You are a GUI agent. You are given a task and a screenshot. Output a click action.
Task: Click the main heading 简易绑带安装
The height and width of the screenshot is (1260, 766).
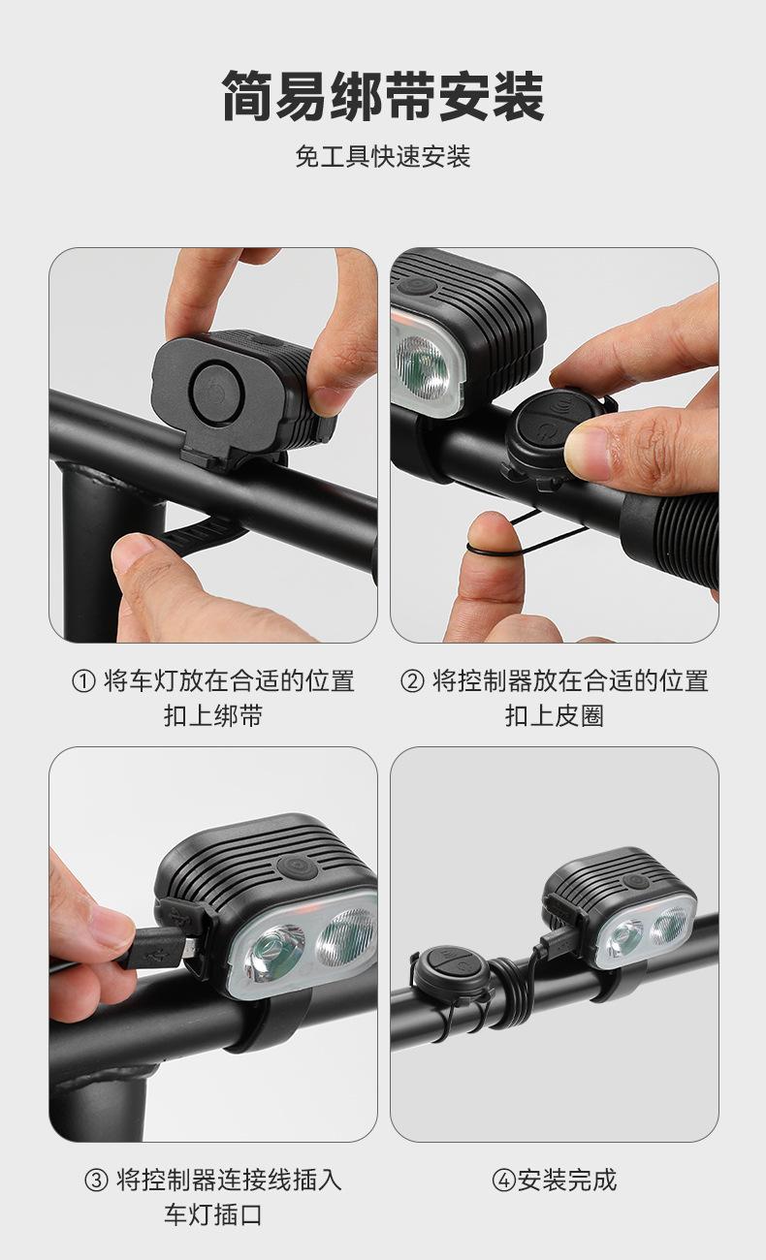pyautogui.click(x=383, y=96)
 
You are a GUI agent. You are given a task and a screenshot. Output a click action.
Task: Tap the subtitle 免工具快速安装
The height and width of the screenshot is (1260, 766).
pyautogui.click(x=383, y=156)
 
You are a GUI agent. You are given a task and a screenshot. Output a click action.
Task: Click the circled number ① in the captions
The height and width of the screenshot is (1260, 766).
pyautogui.click(x=83, y=681)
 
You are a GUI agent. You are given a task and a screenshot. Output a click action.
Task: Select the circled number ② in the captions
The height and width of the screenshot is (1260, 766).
pyautogui.click(x=411, y=681)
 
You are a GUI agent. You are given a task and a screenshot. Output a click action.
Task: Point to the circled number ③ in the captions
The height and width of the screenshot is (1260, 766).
pyautogui.click(x=96, y=1181)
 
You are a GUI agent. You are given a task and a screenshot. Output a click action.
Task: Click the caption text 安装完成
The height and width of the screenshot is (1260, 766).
pyautogui.click(x=567, y=1181)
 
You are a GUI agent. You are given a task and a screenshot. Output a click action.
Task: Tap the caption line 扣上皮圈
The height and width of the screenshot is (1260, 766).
pyautogui.click(x=555, y=716)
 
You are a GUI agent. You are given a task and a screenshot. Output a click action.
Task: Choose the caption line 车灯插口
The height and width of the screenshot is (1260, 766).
pyautogui.click(x=213, y=1215)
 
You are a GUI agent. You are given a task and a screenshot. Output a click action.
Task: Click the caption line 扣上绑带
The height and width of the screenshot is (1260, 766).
pyautogui.click(x=213, y=716)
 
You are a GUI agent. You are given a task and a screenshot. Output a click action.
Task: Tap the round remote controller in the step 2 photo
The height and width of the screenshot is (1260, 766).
pyautogui.click(x=554, y=429)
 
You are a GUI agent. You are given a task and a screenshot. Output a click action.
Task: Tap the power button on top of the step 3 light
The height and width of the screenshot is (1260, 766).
pyautogui.click(x=297, y=866)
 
